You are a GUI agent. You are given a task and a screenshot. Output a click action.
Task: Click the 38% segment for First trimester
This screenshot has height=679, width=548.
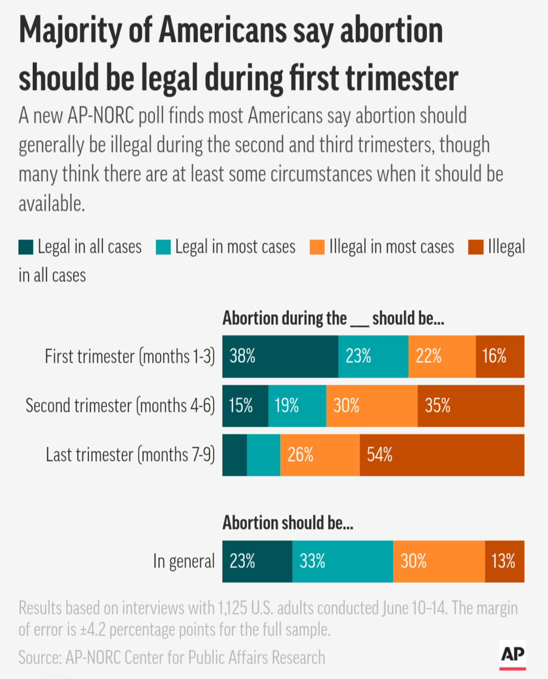coord(281,356)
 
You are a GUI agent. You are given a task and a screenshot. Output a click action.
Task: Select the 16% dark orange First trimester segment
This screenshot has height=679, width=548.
coord(500,356)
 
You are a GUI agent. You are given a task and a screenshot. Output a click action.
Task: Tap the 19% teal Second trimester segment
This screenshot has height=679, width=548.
coord(297,406)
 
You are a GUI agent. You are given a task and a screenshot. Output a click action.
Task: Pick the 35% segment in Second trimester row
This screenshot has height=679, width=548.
coord(471,406)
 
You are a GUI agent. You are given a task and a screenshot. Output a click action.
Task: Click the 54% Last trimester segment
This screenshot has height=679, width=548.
coord(442,455)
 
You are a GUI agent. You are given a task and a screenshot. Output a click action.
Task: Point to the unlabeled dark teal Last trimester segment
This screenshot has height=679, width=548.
coord(235,455)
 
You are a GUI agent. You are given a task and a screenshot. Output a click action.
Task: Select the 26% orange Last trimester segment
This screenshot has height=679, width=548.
coord(320,455)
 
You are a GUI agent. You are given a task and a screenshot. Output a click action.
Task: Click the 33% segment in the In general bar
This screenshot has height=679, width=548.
coord(343,561)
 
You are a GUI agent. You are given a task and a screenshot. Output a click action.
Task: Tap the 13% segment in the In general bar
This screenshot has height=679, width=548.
coord(504,561)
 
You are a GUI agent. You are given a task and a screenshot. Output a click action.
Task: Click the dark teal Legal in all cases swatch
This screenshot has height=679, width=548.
coord(27,248)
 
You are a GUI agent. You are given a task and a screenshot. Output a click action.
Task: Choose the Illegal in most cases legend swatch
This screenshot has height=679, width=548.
coord(317,248)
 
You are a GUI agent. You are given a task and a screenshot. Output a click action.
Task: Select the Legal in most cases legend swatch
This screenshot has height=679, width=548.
coord(163,248)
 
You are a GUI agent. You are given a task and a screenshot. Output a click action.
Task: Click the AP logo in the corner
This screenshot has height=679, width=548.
coord(513,656)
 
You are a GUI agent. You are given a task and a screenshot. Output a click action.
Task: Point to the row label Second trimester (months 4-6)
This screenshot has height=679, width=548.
coord(120,406)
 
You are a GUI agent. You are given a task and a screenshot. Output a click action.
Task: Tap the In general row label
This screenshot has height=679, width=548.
coord(184,561)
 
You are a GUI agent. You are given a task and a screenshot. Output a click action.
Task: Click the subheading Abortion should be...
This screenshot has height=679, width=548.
coord(288,523)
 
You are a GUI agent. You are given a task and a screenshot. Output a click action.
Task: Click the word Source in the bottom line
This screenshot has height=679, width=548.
coord(40,657)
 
